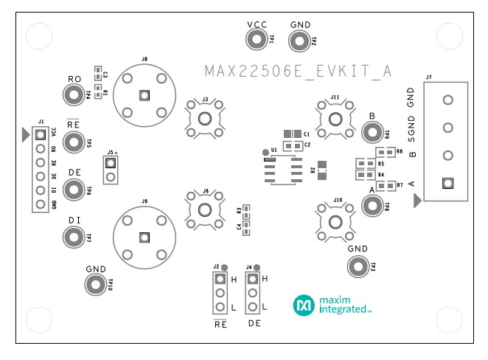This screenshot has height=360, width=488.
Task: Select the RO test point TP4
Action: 74,94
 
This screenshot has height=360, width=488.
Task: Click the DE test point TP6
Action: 74,190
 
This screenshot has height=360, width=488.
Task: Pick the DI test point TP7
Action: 74,238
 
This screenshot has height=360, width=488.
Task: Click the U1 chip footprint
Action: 283,170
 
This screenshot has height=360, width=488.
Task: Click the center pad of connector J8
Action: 144,94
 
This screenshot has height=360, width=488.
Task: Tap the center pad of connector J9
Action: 144,237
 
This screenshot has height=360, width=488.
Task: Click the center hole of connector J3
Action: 205,119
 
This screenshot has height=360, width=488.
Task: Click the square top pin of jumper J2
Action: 219,279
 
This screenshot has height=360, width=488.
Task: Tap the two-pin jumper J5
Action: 111,170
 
